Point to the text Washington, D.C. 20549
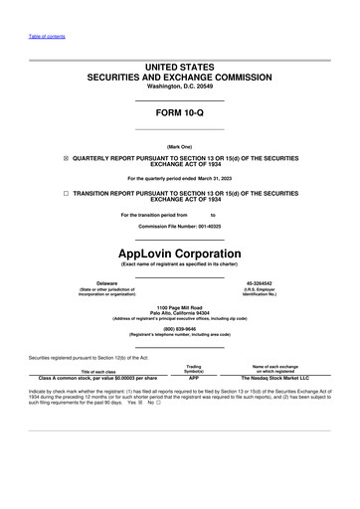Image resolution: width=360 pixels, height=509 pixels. pos(179,86)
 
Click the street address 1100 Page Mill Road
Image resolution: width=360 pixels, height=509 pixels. pos(179,308)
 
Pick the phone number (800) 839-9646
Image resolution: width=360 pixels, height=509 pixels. pos(179,328)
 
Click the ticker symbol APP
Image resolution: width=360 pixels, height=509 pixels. pos(194,379)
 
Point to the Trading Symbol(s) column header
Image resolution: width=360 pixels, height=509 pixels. pos(194,369)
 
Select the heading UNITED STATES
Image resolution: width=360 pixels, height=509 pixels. pos(179,66)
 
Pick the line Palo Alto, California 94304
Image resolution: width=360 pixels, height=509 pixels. pos(179,314)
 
